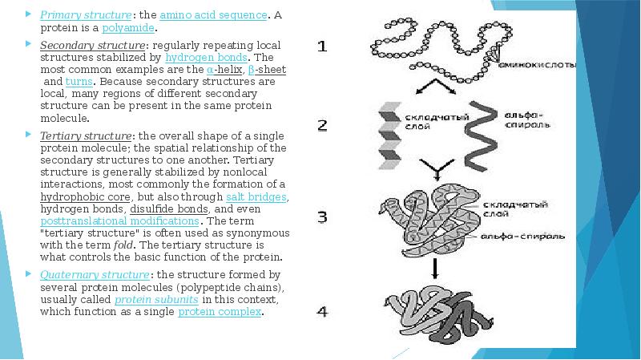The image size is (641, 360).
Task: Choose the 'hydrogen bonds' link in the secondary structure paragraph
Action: pyautogui.click(x=207, y=57)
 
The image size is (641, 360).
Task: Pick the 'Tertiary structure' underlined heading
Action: pyautogui.click(x=74, y=136)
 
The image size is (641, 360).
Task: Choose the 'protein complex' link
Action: pyautogui.click(x=220, y=311)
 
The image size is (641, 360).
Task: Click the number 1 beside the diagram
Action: pyautogui.click(x=322, y=46)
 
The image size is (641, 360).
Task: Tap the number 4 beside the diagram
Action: pyautogui.click(x=322, y=310)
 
